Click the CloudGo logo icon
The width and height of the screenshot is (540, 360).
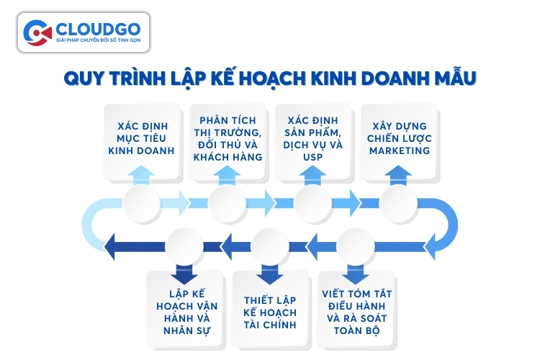point(37,32)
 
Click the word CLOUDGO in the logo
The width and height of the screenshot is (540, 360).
point(96,28)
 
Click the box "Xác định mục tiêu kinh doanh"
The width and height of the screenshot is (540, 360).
point(142,138)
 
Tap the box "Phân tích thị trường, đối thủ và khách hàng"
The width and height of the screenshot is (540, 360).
point(228,138)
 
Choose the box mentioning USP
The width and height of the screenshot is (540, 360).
point(313,138)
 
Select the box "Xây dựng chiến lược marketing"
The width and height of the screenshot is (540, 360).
point(399,138)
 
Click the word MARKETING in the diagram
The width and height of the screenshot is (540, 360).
point(399,150)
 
